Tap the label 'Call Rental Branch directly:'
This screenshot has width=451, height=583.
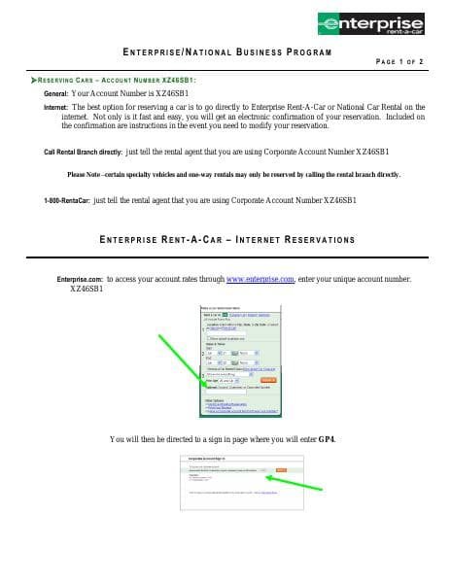click(84, 153)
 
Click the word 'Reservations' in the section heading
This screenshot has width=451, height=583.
click(317, 239)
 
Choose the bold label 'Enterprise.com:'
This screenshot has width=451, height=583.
click(81, 279)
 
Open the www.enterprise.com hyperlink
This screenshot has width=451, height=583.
click(260, 279)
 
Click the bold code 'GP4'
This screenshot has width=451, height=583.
click(328, 439)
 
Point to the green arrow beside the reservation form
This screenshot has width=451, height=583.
click(189, 359)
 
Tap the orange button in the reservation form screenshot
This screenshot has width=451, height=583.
click(269, 380)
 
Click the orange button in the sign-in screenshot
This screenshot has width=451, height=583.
click(281, 469)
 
